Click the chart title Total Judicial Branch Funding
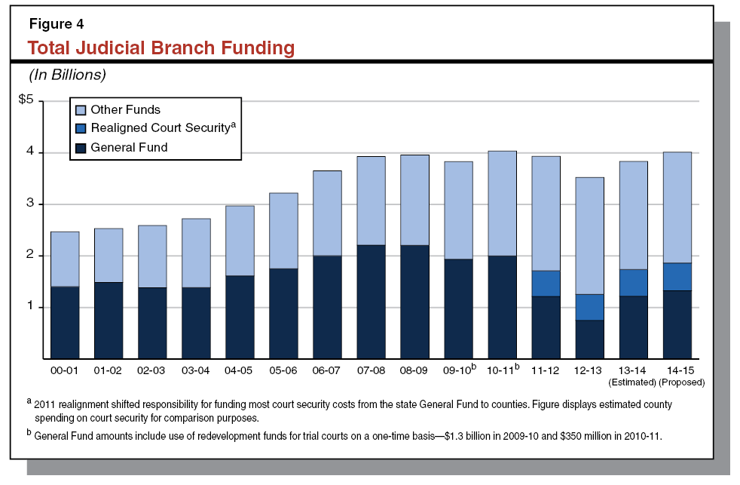161,48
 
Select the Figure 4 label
56,23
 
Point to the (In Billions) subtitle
67,75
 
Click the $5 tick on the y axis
26,101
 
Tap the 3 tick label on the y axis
30,204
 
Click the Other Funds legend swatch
81,109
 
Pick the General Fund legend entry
128,148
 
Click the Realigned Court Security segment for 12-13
589,307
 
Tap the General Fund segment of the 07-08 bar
371,302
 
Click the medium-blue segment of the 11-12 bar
546,283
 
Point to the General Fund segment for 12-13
589,339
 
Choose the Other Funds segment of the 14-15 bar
677,207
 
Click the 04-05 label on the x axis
240,370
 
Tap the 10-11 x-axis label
501,370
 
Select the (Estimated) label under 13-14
633,382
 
